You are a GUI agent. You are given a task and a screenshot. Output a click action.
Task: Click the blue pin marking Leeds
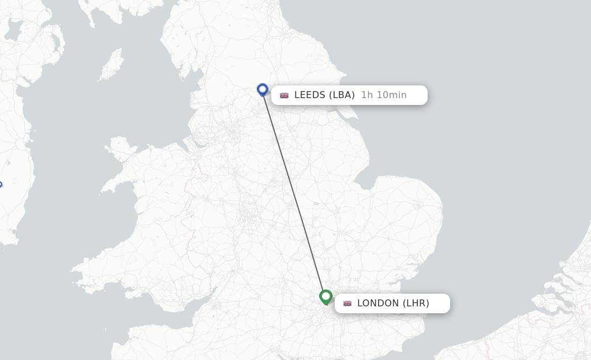[263, 89]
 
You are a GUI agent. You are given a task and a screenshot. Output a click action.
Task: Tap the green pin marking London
[326, 297]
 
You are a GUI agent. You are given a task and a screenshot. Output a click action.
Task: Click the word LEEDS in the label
[310, 95]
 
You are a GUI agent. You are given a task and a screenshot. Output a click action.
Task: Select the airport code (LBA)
[342, 95]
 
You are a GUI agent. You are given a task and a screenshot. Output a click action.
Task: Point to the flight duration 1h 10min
[384, 95]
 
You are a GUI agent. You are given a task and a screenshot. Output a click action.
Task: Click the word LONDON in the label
[378, 303]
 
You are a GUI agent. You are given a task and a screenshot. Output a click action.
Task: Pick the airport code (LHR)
[416, 303]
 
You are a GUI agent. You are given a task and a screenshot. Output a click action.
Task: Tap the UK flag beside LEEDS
[284, 95]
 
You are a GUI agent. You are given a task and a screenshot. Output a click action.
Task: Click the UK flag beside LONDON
[347, 303]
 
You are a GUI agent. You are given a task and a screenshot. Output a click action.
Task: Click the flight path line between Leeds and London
[294, 193]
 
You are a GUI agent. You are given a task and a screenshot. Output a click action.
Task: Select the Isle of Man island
[111, 65]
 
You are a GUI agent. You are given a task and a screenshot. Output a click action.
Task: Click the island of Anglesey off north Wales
[119, 148]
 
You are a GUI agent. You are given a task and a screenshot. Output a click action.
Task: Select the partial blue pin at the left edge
[1, 185]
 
